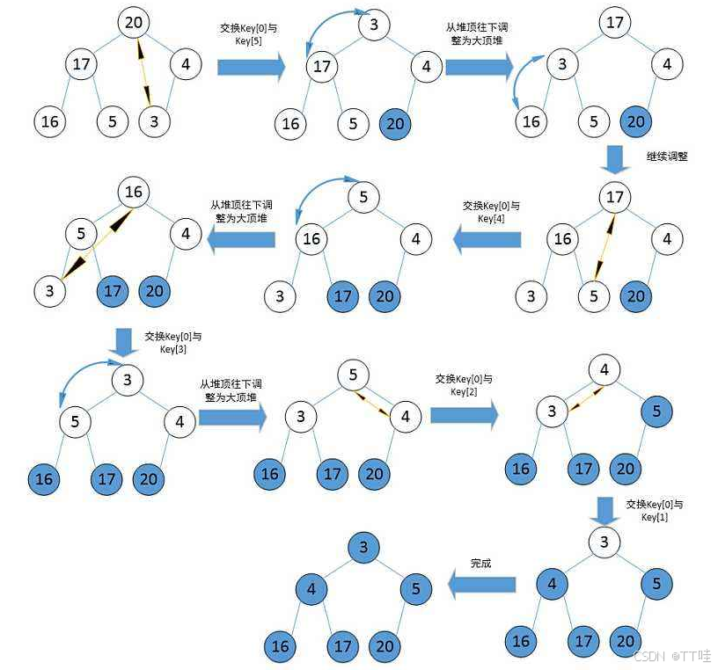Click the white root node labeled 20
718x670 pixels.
133,22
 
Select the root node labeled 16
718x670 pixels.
133,193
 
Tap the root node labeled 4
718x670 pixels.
604,369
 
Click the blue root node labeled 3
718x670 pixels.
364,548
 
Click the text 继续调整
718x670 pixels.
667,157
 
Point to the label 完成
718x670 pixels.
481,564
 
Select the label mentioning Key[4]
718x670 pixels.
491,212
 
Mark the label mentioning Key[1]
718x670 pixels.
654,511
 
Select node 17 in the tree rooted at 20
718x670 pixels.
81,64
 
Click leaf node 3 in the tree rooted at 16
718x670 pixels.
49,291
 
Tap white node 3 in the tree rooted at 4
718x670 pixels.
552,411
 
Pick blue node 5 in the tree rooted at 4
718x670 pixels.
656,411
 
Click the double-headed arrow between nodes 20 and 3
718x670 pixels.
144,69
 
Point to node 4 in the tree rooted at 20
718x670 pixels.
185,64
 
